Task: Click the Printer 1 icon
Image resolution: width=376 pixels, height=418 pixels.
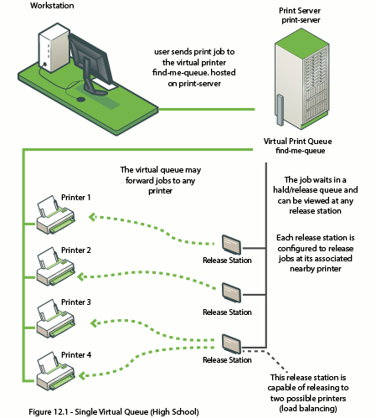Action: pos(55,214)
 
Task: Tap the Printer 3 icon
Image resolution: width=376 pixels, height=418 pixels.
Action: pos(55,319)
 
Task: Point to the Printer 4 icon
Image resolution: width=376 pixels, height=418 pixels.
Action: pos(55,371)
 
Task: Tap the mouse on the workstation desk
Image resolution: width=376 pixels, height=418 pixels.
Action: pos(81,99)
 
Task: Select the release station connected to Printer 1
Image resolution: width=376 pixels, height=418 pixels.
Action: pos(231,245)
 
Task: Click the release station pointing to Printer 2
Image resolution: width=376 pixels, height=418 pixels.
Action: pos(231,292)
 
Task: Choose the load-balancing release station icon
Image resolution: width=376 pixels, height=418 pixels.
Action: pos(231,344)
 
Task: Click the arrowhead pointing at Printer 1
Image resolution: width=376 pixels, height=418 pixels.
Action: pos(93,217)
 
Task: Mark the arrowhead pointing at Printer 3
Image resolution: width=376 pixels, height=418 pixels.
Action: pos(95,323)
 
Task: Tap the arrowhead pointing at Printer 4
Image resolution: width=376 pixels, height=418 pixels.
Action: pos(82,375)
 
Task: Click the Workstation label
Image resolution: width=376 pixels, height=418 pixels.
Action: pos(52,6)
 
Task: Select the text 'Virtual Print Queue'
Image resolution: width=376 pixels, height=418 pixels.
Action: pos(298,142)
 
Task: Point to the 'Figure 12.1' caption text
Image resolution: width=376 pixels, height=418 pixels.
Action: pos(114,412)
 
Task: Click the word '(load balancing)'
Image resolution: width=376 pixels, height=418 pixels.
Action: pos(308,409)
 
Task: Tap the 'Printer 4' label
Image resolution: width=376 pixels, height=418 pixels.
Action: pos(76,355)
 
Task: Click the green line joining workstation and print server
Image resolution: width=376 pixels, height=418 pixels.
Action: pos(207,109)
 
